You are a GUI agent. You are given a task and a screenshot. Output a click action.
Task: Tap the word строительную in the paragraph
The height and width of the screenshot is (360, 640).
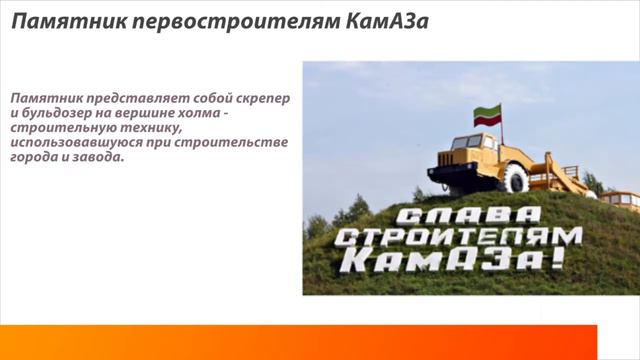pyautogui.click(x=56, y=129)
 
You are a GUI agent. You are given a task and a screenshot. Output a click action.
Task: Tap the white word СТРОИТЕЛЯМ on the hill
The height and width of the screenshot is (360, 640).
pyautogui.click(x=458, y=239)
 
